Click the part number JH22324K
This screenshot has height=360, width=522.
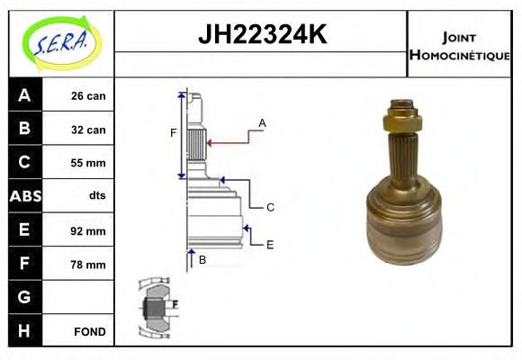261,36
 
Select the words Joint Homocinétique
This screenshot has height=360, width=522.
459,45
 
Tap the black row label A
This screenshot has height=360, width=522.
24,96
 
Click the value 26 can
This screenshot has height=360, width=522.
88,96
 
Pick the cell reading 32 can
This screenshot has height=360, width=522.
88,130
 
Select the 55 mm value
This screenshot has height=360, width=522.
88,163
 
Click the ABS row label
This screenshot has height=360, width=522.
24,195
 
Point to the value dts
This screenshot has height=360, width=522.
97,195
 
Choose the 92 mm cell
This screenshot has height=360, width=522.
88,230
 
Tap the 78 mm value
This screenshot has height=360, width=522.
88,265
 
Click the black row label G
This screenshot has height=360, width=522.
24,297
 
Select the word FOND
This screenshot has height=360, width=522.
89,331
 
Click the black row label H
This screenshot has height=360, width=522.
24,330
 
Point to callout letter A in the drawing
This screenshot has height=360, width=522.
263,122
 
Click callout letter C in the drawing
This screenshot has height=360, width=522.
269,207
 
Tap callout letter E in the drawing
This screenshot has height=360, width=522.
269,244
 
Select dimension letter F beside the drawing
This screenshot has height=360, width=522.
174,133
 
